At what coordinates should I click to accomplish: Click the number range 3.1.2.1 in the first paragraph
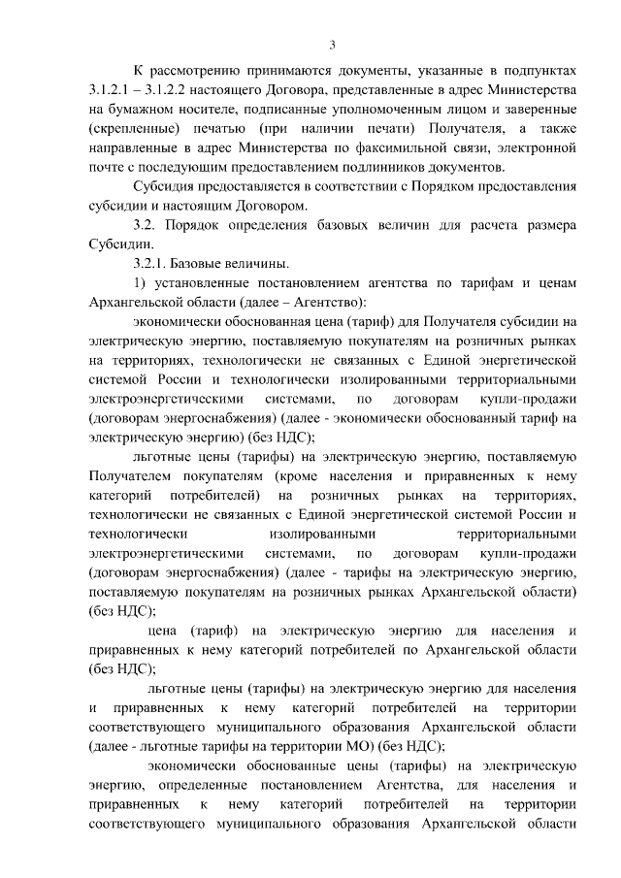109,90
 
